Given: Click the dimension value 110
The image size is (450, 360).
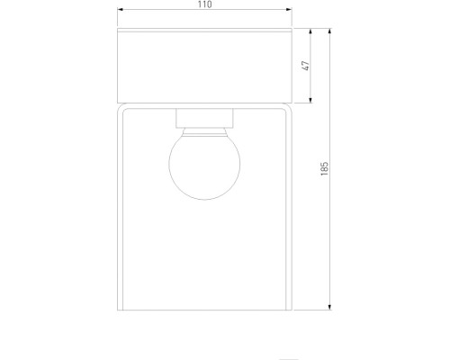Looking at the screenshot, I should coord(204,6).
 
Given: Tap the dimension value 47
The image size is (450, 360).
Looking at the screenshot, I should coord(305,66).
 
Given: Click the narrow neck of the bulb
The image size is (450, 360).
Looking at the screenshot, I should coord(204,129).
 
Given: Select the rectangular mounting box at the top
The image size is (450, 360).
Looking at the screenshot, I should coord(204,66).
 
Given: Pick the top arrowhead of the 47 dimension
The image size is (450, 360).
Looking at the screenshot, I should coord(312,32).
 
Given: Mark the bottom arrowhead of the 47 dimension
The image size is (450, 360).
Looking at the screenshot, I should coord(312,99).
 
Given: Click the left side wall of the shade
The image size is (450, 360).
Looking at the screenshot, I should coord(120,207).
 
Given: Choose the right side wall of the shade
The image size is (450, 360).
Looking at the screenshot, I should coord(290,207).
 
